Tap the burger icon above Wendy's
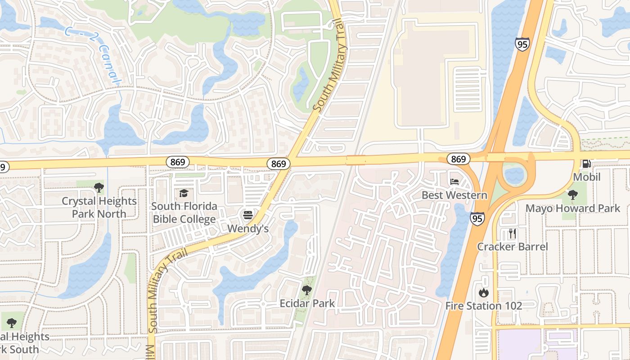click(247, 215)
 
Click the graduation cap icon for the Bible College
click(184, 193)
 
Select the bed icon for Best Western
click(454, 182)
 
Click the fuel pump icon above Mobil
click(586, 164)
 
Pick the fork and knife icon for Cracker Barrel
click(512, 233)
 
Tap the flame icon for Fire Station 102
click(484, 293)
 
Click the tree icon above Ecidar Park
click(307, 290)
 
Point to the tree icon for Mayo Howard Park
click(572, 195)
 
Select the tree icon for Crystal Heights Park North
click(99, 187)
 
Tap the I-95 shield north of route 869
click(522, 44)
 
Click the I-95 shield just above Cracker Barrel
click(477, 219)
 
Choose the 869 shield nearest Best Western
click(458, 159)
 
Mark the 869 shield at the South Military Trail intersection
click(279, 164)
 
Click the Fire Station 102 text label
click(484, 306)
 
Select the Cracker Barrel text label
click(513, 247)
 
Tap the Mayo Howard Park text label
click(573, 208)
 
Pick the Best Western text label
click(454, 195)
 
